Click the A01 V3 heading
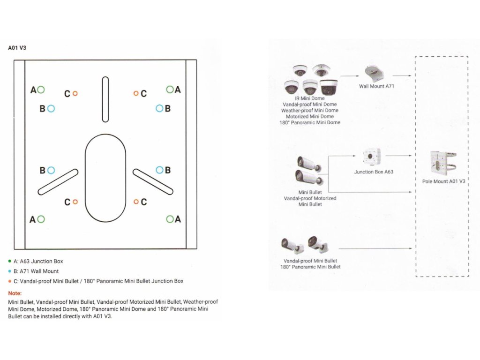pyautogui.click(x=17, y=48)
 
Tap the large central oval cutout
pyautogui.click(x=105, y=178)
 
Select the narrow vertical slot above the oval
pyautogui.click(x=105, y=100)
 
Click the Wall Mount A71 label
pyautogui.click(x=372, y=86)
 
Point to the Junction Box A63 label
pyautogui.click(x=374, y=172)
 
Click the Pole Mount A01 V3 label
pyautogui.click(x=443, y=181)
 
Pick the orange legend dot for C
pyautogui.click(x=10, y=281)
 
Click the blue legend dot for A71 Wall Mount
pyautogui.click(x=10, y=271)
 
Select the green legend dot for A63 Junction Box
pyautogui.click(x=10, y=261)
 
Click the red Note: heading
pyautogui.click(x=15, y=293)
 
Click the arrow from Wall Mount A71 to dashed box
pyautogui.click(x=402, y=75)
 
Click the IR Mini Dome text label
pyautogui.click(x=310, y=98)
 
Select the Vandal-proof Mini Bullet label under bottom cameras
pyautogui.click(x=310, y=261)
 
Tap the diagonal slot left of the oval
pyautogui.click(x=58, y=181)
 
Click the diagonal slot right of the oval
pyautogui.click(x=153, y=181)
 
